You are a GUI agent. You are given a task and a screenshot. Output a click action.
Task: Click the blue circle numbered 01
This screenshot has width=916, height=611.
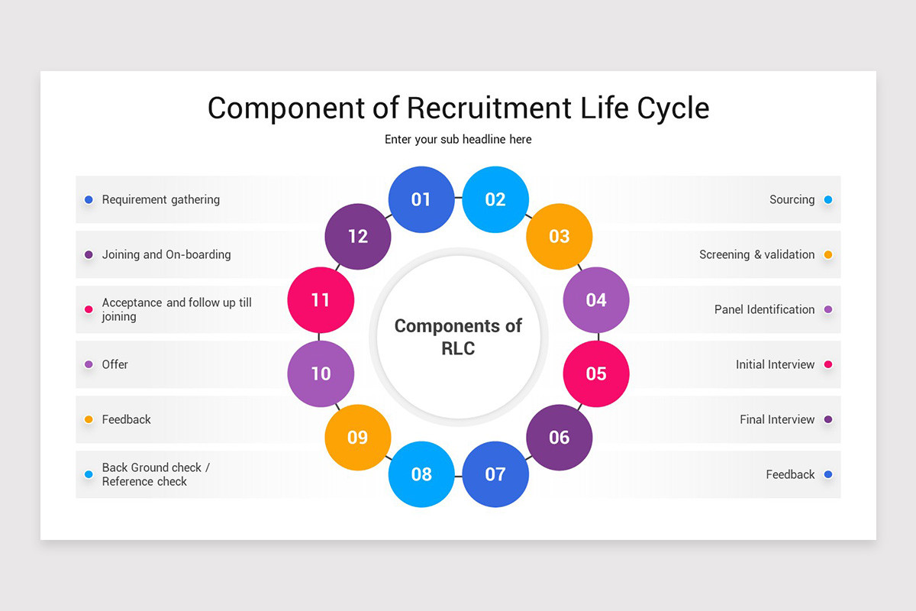[x=421, y=199]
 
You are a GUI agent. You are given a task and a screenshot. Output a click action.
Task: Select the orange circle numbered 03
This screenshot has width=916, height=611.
[x=560, y=236]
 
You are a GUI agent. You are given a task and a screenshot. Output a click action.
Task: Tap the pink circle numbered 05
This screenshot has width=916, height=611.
[x=596, y=373]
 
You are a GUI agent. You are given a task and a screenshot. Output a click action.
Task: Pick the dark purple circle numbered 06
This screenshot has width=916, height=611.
[x=560, y=437]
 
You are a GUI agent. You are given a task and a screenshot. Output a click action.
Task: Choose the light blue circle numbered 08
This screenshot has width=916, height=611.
[x=421, y=474]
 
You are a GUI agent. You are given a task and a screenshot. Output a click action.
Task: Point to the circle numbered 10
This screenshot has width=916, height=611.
[x=321, y=373]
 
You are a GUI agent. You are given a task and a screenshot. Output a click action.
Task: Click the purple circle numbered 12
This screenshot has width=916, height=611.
[x=358, y=236]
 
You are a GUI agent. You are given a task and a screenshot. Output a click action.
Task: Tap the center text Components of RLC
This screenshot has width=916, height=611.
[x=458, y=337]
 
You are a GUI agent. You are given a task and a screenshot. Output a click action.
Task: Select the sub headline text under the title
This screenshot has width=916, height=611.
[x=458, y=139]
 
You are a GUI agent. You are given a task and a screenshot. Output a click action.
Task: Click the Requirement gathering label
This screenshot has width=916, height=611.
[x=161, y=199]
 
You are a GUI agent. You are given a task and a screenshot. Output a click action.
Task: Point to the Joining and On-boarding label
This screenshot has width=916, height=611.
[x=166, y=254]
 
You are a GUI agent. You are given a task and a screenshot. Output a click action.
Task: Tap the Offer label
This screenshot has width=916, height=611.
[x=115, y=364]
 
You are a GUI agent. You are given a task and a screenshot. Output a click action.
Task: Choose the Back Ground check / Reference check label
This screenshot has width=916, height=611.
[x=156, y=474]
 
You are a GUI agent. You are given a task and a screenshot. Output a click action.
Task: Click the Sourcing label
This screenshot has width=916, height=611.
[x=792, y=199]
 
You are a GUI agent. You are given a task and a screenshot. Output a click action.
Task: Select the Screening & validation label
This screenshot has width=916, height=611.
[x=756, y=254]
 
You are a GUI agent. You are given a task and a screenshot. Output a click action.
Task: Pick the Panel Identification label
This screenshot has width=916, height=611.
[x=764, y=309]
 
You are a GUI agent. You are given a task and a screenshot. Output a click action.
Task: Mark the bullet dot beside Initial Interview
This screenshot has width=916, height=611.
[x=828, y=364]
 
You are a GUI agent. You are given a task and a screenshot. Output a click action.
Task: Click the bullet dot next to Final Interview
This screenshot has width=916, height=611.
[x=828, y=419]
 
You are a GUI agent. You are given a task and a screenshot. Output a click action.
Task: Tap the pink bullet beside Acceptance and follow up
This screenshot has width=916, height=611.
[x=89, y=309]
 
